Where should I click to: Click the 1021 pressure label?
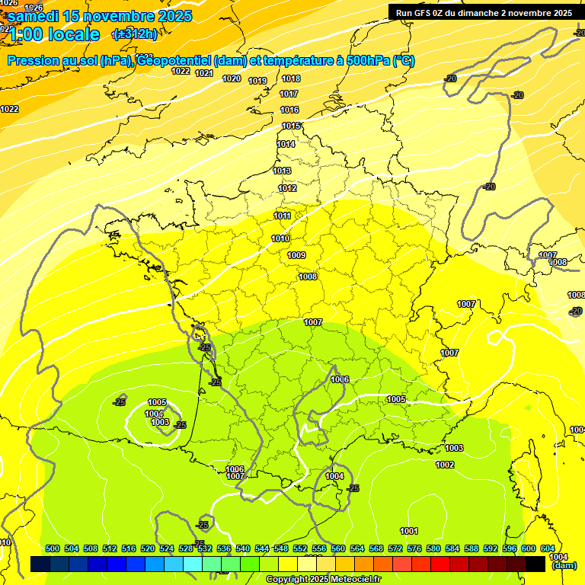pyautogui.click(x=203, y=73)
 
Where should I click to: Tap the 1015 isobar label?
pyautogui.click(x=291, y=126)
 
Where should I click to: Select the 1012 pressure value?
pyautogui.click(x=287, y=188)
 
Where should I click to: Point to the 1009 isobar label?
pyautogui.click(x=297, y=255)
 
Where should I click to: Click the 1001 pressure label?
pyautogui.click(x=409, y=531)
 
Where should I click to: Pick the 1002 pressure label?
pyautogui.click(x=445, y=465)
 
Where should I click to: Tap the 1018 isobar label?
pyautogui.click(x=290, y=78)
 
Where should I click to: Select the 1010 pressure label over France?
pyautogui.click(x=280, y=238)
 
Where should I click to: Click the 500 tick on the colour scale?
pyautogui.click(x=53, y=548)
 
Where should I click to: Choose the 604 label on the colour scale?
pyautogui.click(x=548, y=548)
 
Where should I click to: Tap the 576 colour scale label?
pyautogui.click(x=414, y=548)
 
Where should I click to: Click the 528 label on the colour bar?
pyautogui.click(x=186, y=548)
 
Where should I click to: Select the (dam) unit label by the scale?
pyautogui.click(x=564, y=566)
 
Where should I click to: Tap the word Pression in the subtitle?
pyautogui.click(x=35, y=61)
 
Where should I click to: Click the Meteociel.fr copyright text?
pyautogui.click(x=355, y=580)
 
